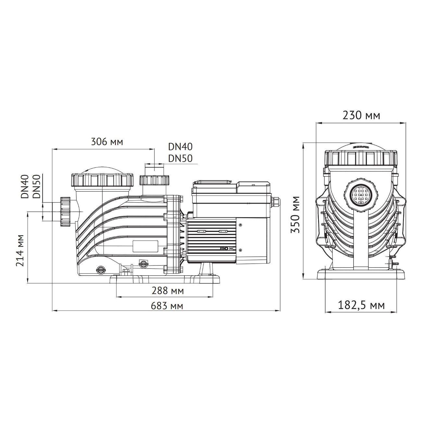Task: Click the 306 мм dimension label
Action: [x=107, y=142]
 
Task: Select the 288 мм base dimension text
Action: [x=168, y=291]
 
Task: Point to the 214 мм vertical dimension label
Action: [x=20, y=250]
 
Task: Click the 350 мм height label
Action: [x=295, y=215]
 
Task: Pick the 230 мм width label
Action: [x=361, y=116]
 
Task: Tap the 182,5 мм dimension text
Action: [x=361, y=305]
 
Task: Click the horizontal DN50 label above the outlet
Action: [x=180, y=158]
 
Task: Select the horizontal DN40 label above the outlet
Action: [x=180, y=147]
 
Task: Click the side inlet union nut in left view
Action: [x=65, y=211]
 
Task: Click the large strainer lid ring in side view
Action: [x=102, y=179]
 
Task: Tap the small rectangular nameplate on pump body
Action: [x=145, y=246]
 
